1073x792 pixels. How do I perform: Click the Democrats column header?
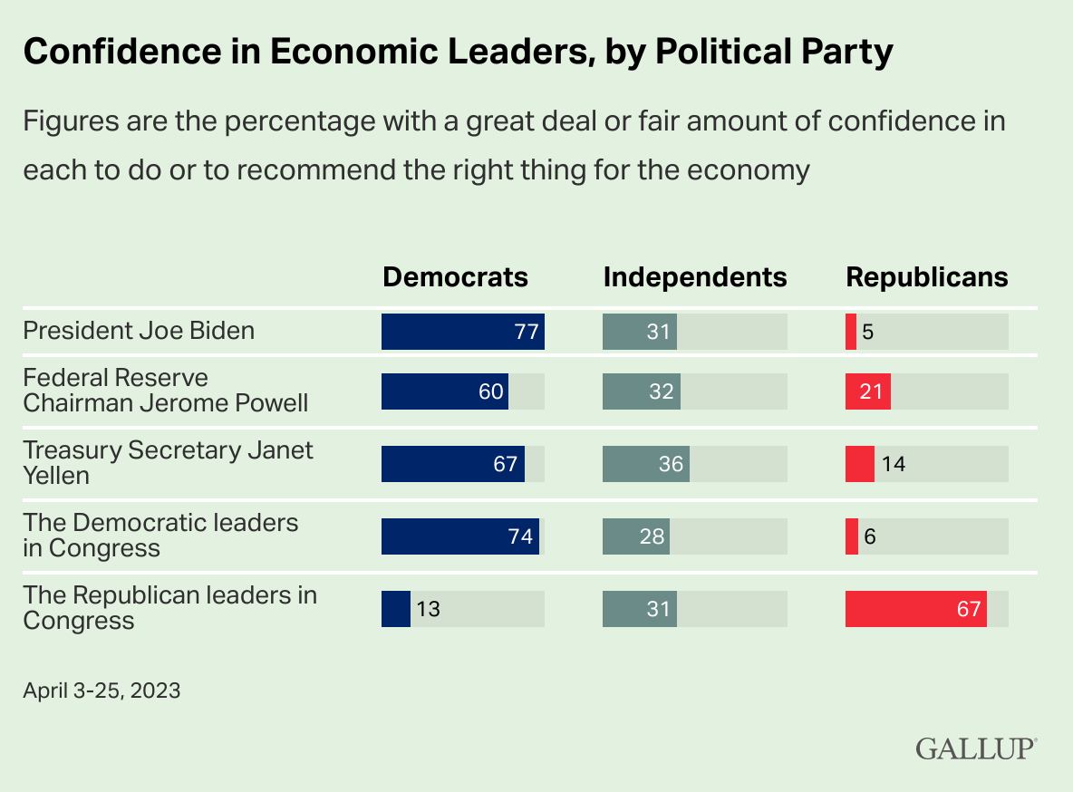(455, 277)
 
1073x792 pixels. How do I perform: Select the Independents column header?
(695, 277)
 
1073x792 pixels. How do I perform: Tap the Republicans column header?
(926, 277)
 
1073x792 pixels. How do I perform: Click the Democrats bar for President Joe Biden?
(462, 332)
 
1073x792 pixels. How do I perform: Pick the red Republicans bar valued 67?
(915, 609)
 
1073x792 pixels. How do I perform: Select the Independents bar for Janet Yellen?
(645, 464)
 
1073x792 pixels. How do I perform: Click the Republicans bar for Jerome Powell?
(867, 391)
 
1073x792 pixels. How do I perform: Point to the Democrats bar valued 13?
(396, 609)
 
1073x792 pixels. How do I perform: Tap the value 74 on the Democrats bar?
(519, 536)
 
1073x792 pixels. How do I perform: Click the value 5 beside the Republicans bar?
(867, 332)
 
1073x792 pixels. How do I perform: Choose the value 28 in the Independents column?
(652, 536)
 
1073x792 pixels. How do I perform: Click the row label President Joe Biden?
(139, 331)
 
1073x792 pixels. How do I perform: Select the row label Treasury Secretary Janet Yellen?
(168, 463)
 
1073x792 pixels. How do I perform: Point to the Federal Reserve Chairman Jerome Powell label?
(166, 391)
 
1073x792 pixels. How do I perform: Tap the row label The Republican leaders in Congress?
(169, 608)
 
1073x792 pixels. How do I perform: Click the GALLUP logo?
(975, 749)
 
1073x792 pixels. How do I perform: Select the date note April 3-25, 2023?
(101, 691)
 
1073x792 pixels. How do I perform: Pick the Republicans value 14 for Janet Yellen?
(893, 464)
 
